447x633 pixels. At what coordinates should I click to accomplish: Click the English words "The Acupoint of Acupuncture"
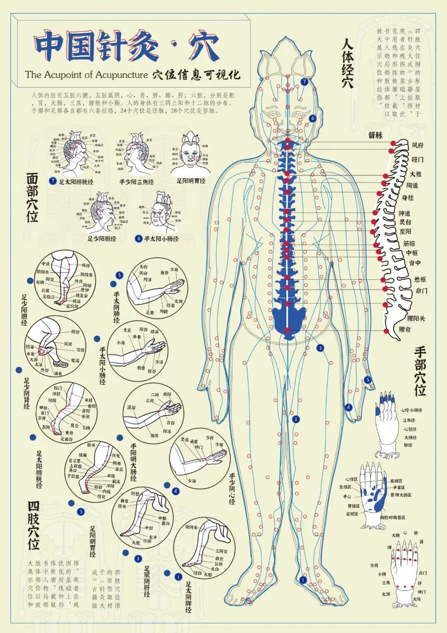click(86, 75)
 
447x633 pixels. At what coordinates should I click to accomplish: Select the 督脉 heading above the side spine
click(375, 135)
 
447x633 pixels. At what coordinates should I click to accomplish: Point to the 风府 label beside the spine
click(418, 146)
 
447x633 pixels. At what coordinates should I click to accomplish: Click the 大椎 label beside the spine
click(416, 174)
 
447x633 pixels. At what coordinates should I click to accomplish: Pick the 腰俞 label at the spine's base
click(405, 329)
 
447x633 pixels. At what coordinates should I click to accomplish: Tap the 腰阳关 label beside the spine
click(416, 318)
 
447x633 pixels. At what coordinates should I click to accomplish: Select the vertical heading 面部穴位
click(32, 198)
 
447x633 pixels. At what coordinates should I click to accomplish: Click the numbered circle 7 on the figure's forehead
click(305, 82)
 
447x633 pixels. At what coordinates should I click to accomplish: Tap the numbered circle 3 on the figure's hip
click(320, 348)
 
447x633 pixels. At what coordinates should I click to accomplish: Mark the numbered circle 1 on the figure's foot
click(303, 580)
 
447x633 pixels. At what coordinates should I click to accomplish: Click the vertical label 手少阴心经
click(232, 489)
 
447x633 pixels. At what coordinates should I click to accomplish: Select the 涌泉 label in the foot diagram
click(58, 373)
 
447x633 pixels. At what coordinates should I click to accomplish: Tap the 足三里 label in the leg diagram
click(74, 461)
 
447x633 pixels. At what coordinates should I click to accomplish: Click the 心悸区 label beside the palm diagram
click(352, 480)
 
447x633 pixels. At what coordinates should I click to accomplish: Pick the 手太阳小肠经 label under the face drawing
click(161, 239)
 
